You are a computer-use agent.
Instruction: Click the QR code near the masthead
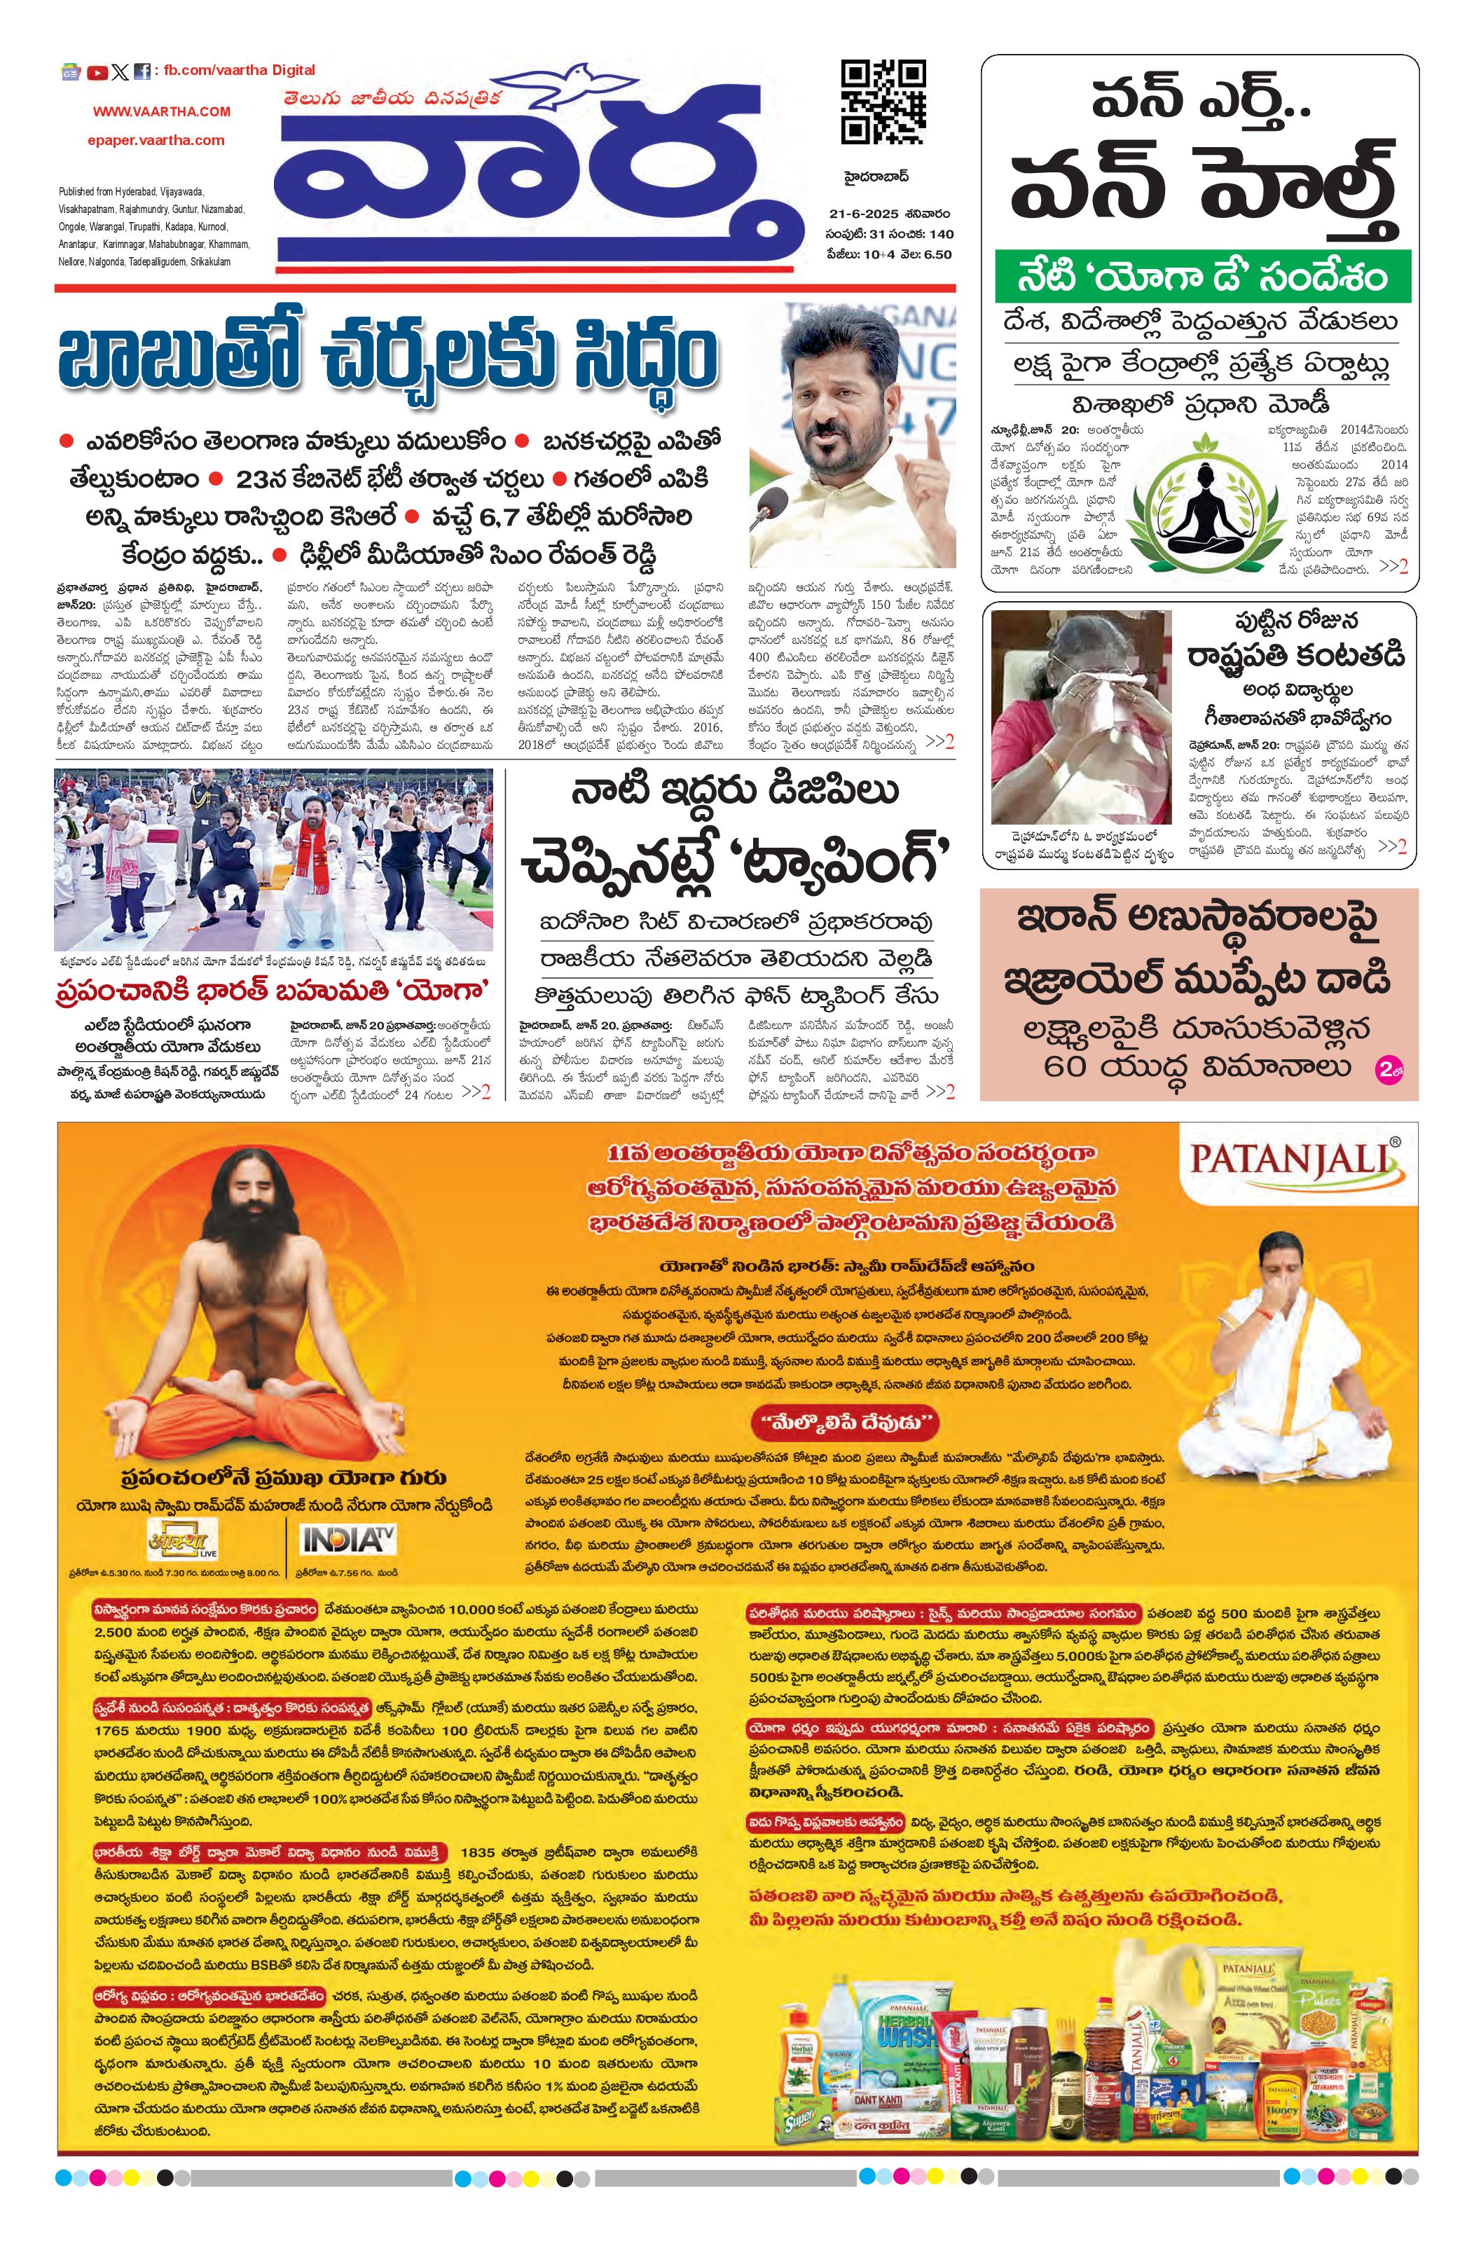882,102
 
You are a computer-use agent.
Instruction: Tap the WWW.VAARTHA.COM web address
161,111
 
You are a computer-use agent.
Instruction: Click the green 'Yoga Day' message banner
1201,276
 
